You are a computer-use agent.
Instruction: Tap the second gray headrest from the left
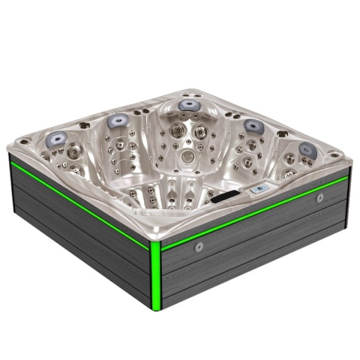click(117, 120)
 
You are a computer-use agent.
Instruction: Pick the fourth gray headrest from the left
click(253, 125)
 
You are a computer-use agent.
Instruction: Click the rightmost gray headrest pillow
click(307, 148)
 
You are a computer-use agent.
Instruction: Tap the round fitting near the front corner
click(199, 247)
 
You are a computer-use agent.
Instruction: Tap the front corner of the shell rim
click(156, 238)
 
